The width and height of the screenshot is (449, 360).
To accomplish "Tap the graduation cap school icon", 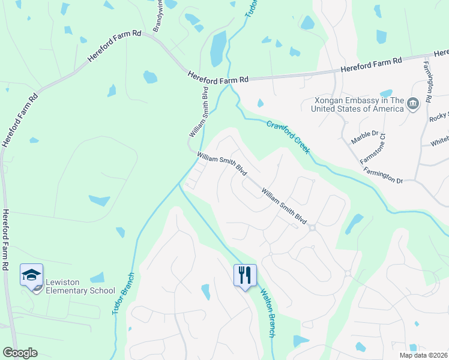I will pyautogui.click(x=31, y=275).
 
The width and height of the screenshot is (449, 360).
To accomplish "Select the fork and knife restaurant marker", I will pyautogui.click(x=245, y=275).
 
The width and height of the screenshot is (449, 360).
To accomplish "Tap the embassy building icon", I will pyautogui.click(x=412, y=104).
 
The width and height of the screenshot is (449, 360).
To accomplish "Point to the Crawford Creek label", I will pyautogui.click(x=289, y=137).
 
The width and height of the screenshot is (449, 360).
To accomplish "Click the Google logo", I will pyautogui.click(x=20, y=353).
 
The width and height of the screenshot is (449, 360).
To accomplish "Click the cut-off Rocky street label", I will pyautogui.click(x=439, y=115).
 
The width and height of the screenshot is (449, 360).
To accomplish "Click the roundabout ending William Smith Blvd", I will pyautogui.click(x=312, y=227).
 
